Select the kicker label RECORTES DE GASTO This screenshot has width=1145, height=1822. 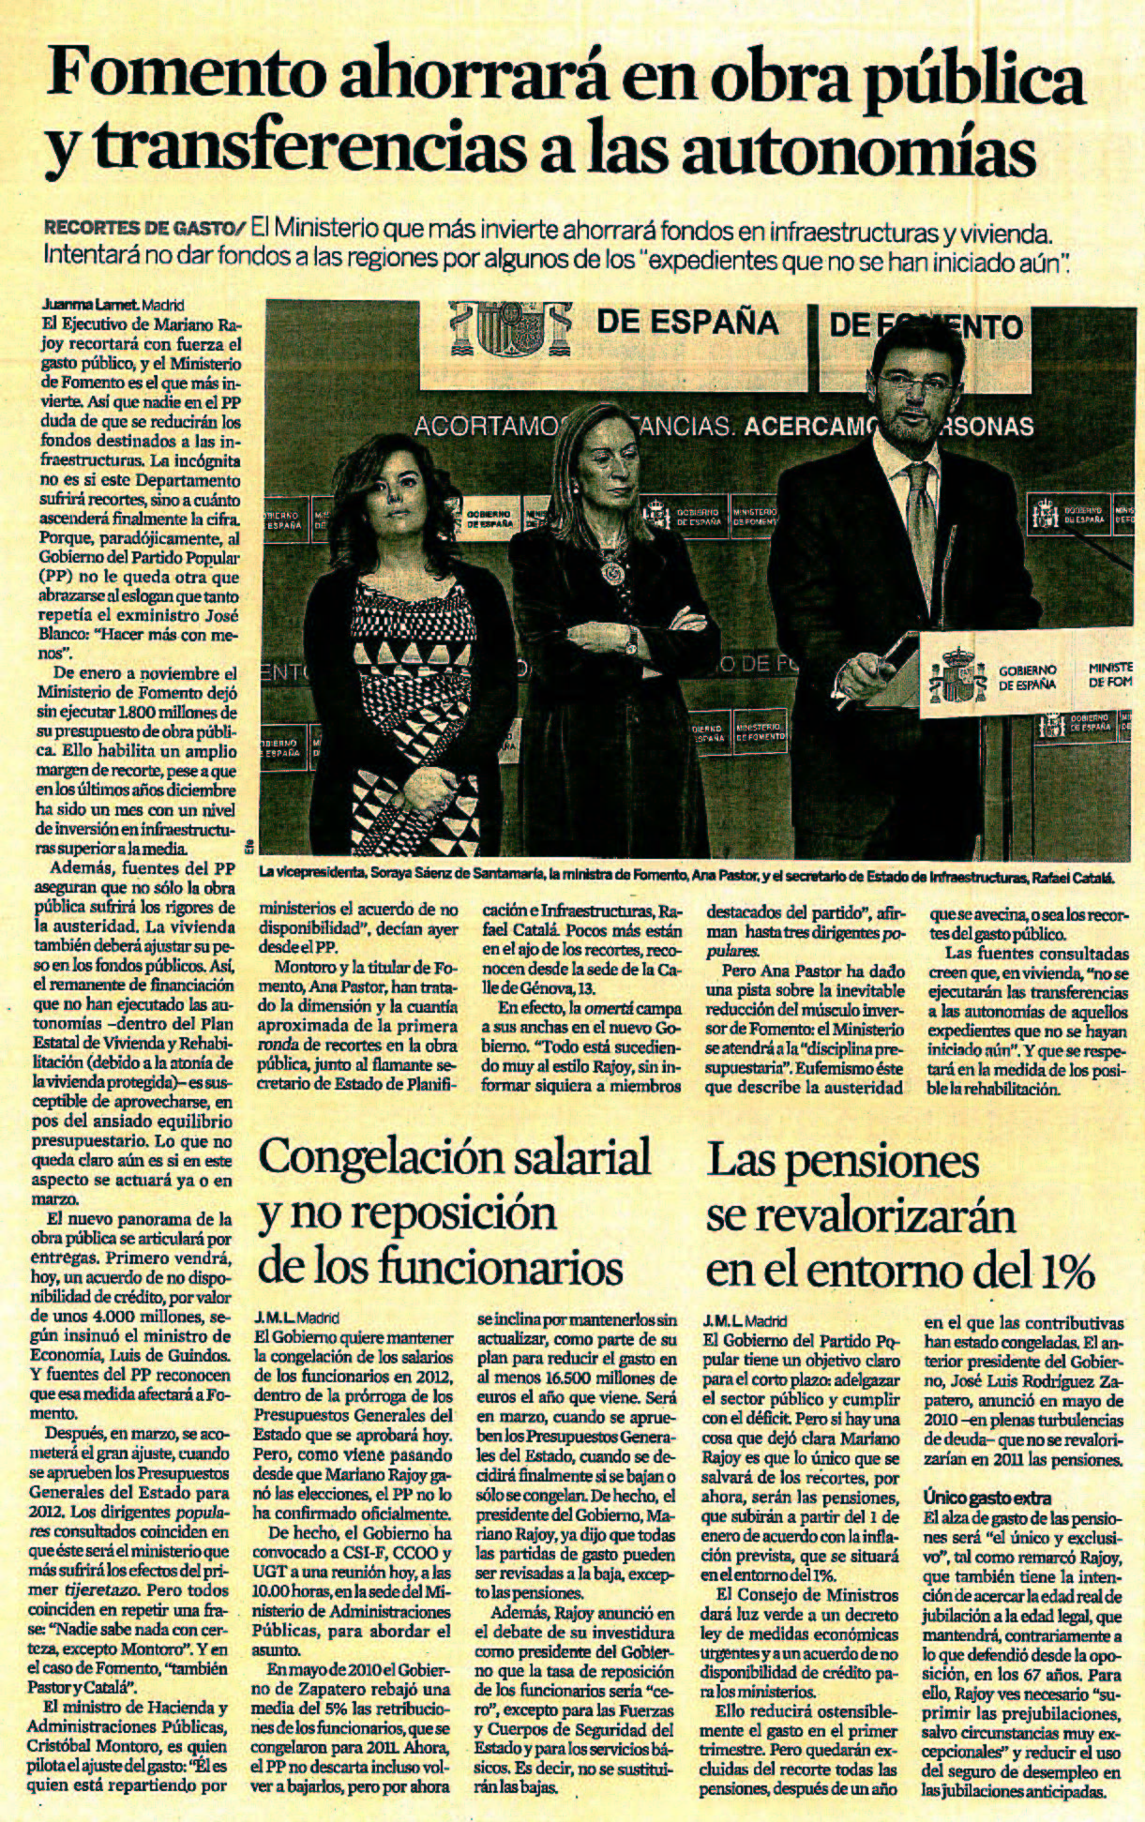[139, 228]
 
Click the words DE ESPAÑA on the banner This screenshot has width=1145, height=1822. [687, 324]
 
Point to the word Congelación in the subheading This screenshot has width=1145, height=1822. [382, 1158]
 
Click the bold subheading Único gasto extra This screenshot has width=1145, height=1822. [987, 1524]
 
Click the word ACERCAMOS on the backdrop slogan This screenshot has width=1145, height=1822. [797, 428]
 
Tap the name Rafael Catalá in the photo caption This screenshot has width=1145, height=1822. [1072, 878]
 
